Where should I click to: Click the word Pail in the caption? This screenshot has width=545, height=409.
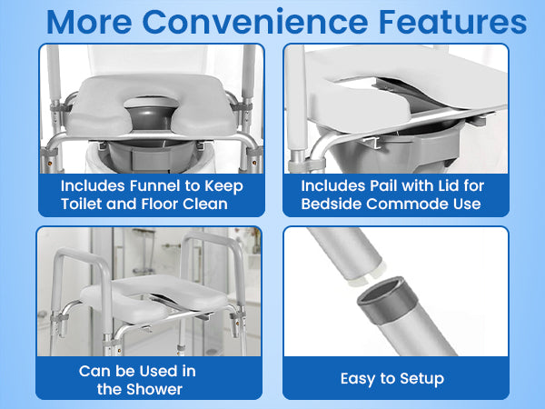coord(374,185)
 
